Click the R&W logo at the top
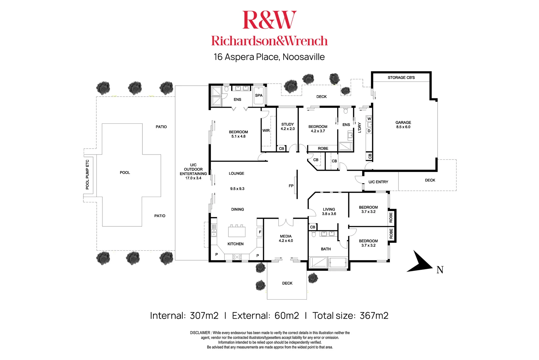coord(269,20)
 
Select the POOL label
coord(125,172)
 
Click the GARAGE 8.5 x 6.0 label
coord(403,125)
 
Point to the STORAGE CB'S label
coord(401,77)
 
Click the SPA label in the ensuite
coord(258,95)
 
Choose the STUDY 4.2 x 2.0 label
coord(288,126)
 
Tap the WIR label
coord(266,130)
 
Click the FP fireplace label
coord(291,186)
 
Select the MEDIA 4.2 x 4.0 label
coord(286,238)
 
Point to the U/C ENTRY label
coord(378,182)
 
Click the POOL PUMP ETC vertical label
coord(87,175)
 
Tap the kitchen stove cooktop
coord(237,257)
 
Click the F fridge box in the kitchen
coord(260,232)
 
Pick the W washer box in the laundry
coord(369,119)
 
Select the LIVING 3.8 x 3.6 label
coord(329,212)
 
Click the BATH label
coord(326,249)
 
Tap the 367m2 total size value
coord(374,316)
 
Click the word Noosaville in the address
coord(304,57)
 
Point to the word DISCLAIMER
coord(200,333)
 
